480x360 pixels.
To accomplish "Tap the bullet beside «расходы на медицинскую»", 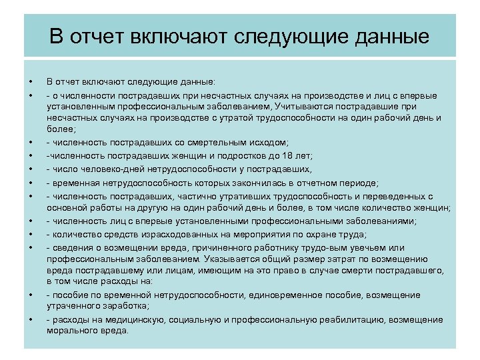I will pos(31,321).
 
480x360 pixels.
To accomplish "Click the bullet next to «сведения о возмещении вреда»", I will pos(31,247).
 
